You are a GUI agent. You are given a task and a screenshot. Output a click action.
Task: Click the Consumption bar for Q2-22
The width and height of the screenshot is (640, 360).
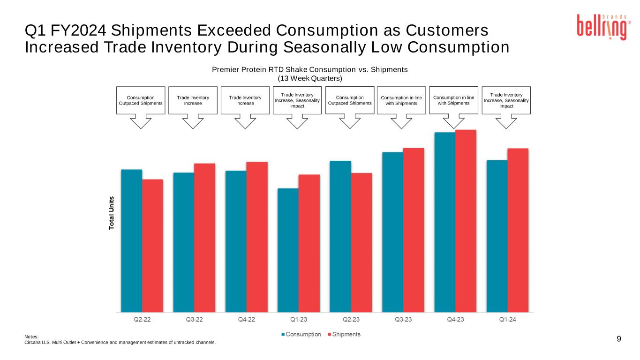(132, 240)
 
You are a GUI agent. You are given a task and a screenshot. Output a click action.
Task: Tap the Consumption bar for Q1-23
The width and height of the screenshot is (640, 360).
(288, 250)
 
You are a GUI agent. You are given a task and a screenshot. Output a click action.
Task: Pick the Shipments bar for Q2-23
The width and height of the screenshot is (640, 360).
(361, 242)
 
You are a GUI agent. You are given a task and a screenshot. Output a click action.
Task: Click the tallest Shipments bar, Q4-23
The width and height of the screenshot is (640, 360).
(466, 220)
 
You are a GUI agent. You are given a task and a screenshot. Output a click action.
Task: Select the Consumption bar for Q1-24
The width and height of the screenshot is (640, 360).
(497, 236)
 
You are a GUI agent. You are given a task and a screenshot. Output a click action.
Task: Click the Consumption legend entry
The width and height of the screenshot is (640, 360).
(303, 334)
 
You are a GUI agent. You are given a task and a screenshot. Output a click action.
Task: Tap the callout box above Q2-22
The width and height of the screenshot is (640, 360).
(141, 100)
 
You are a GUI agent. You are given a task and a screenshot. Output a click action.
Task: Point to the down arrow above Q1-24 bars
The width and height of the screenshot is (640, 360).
(506, 121)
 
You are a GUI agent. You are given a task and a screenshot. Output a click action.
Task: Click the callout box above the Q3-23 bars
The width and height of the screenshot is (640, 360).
(402, 100)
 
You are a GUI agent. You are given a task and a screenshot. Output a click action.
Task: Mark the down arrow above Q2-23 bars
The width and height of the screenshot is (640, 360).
(350, 121)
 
